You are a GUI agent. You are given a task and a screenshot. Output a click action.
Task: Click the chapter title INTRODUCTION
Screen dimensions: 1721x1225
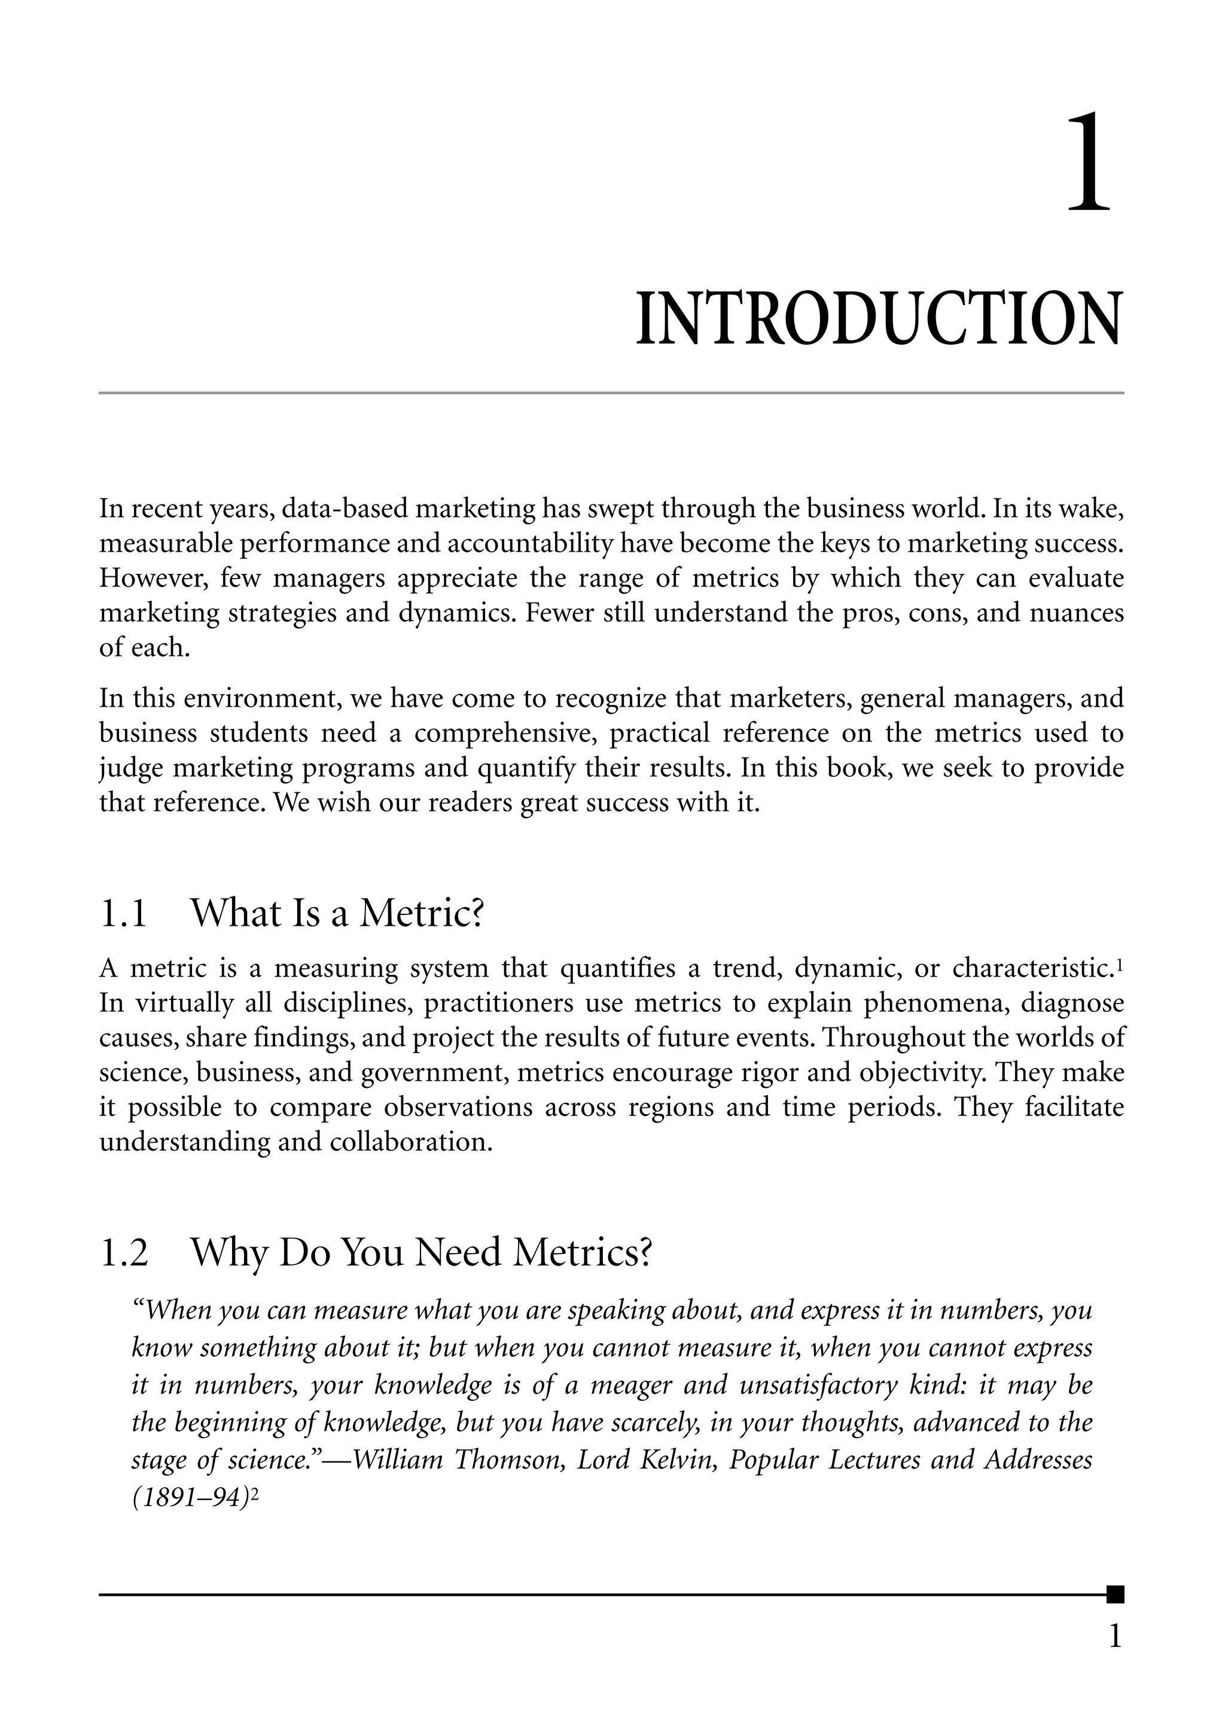pos(879,320)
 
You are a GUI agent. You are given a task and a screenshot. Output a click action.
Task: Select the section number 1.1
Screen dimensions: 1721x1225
pos(123,913)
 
